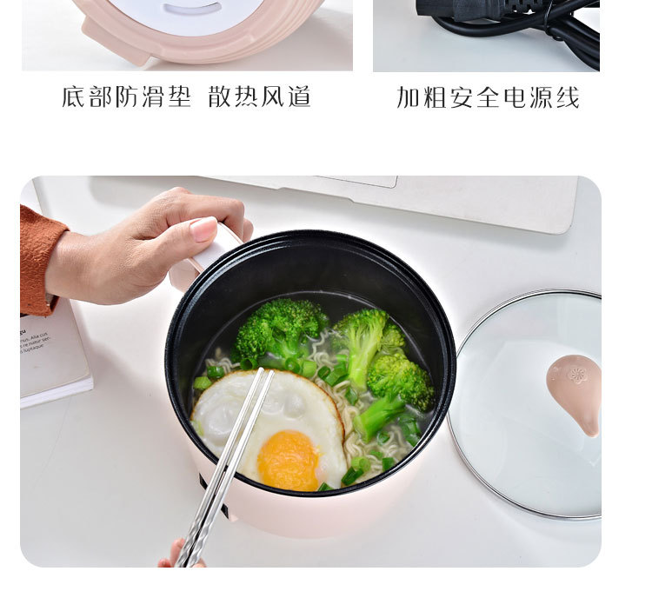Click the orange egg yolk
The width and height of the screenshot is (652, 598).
point(289,459)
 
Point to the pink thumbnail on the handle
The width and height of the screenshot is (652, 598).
point(203,229)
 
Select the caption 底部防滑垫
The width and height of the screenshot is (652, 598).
point(126,96)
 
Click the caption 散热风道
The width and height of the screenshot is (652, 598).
point(259,96)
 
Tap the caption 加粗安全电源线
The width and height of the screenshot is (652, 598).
point(488,97)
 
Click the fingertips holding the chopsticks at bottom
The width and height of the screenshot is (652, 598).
point(178,555)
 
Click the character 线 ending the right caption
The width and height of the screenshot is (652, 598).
point(568,97)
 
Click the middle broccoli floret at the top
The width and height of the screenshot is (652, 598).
point(361,335)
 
